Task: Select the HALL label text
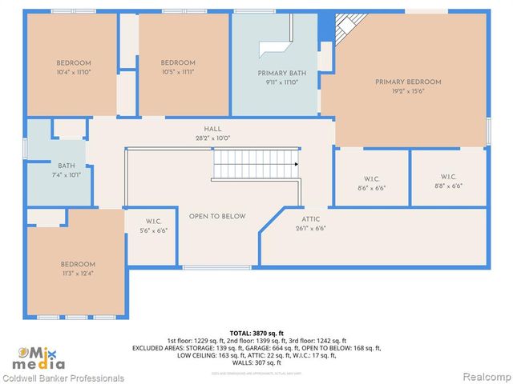click(x=212, y=129)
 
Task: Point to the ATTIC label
click(x=311, y=218)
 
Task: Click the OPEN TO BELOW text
click(x=217, y=216)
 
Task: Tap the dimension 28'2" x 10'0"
click(x=212, y=138)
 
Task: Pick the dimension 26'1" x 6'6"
click(x=311, y=228)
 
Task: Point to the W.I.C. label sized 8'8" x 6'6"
click(x=448, y=177)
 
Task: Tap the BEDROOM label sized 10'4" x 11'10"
click(x=73, y=63)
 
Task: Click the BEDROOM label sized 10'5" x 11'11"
click(x=178, y=63)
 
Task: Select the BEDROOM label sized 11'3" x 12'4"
click(x=78, y=264)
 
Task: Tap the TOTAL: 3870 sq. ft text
click(x=256, y=332)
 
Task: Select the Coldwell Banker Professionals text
click(x=63, y=378)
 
